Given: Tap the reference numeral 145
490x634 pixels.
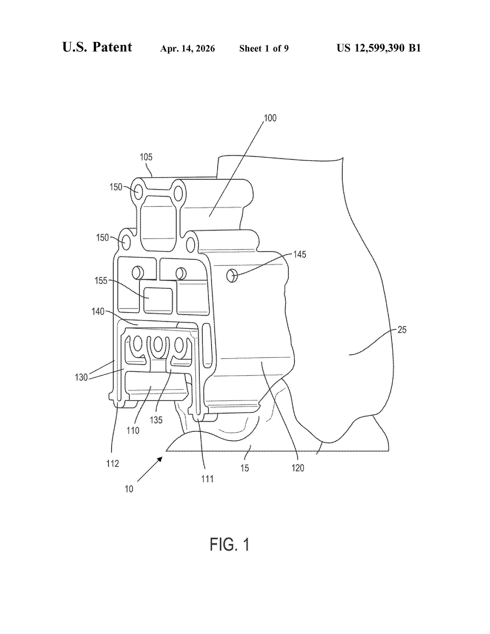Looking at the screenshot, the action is [x=300, y=254].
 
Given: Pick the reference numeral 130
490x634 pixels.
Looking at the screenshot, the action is [x=81, y=377].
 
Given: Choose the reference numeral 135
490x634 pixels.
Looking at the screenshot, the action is [x=156, y=420].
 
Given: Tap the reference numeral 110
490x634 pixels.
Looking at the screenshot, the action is [x=133, y=431].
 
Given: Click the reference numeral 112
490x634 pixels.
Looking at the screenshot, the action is [x=113, y=464].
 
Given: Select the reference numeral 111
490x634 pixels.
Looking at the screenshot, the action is [x=207, y=479].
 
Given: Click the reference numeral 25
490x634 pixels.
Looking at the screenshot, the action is [x=402, y=329].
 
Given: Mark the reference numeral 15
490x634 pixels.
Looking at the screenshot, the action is [x=244, y=468].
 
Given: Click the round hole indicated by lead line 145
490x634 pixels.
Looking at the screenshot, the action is [x=232, y=275].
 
